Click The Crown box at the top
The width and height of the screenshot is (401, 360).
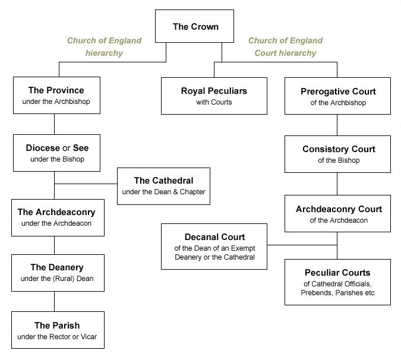point(194,26)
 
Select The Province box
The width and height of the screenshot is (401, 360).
point(56,96)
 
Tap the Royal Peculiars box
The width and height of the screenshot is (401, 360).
point(214,96)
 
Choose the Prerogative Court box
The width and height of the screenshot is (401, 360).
point(337,96)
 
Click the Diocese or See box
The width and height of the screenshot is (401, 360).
point(56,153)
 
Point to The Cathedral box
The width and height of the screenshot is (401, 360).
point(163,186)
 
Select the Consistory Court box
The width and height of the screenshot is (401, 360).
point(337,154)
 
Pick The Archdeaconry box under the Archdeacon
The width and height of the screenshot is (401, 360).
point(58,217)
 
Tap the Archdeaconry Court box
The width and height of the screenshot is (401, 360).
point(337,213)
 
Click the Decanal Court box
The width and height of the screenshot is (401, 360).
point(214,247)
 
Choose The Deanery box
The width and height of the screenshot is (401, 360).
point(58,273)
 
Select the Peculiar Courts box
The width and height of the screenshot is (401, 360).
point(337,282)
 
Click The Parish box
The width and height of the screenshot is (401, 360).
point(58,330)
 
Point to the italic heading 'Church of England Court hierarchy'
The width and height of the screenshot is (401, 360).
point(285,46)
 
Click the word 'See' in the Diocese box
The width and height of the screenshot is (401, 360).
point(81,148)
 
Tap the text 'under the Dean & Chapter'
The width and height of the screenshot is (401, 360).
point(163,192)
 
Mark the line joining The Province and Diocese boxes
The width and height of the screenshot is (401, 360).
point(54,124)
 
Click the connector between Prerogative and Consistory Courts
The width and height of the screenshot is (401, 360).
point(337,125)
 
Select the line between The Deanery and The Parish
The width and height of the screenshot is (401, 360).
point(54,301)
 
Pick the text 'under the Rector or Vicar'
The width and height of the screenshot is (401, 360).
point(57,336)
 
